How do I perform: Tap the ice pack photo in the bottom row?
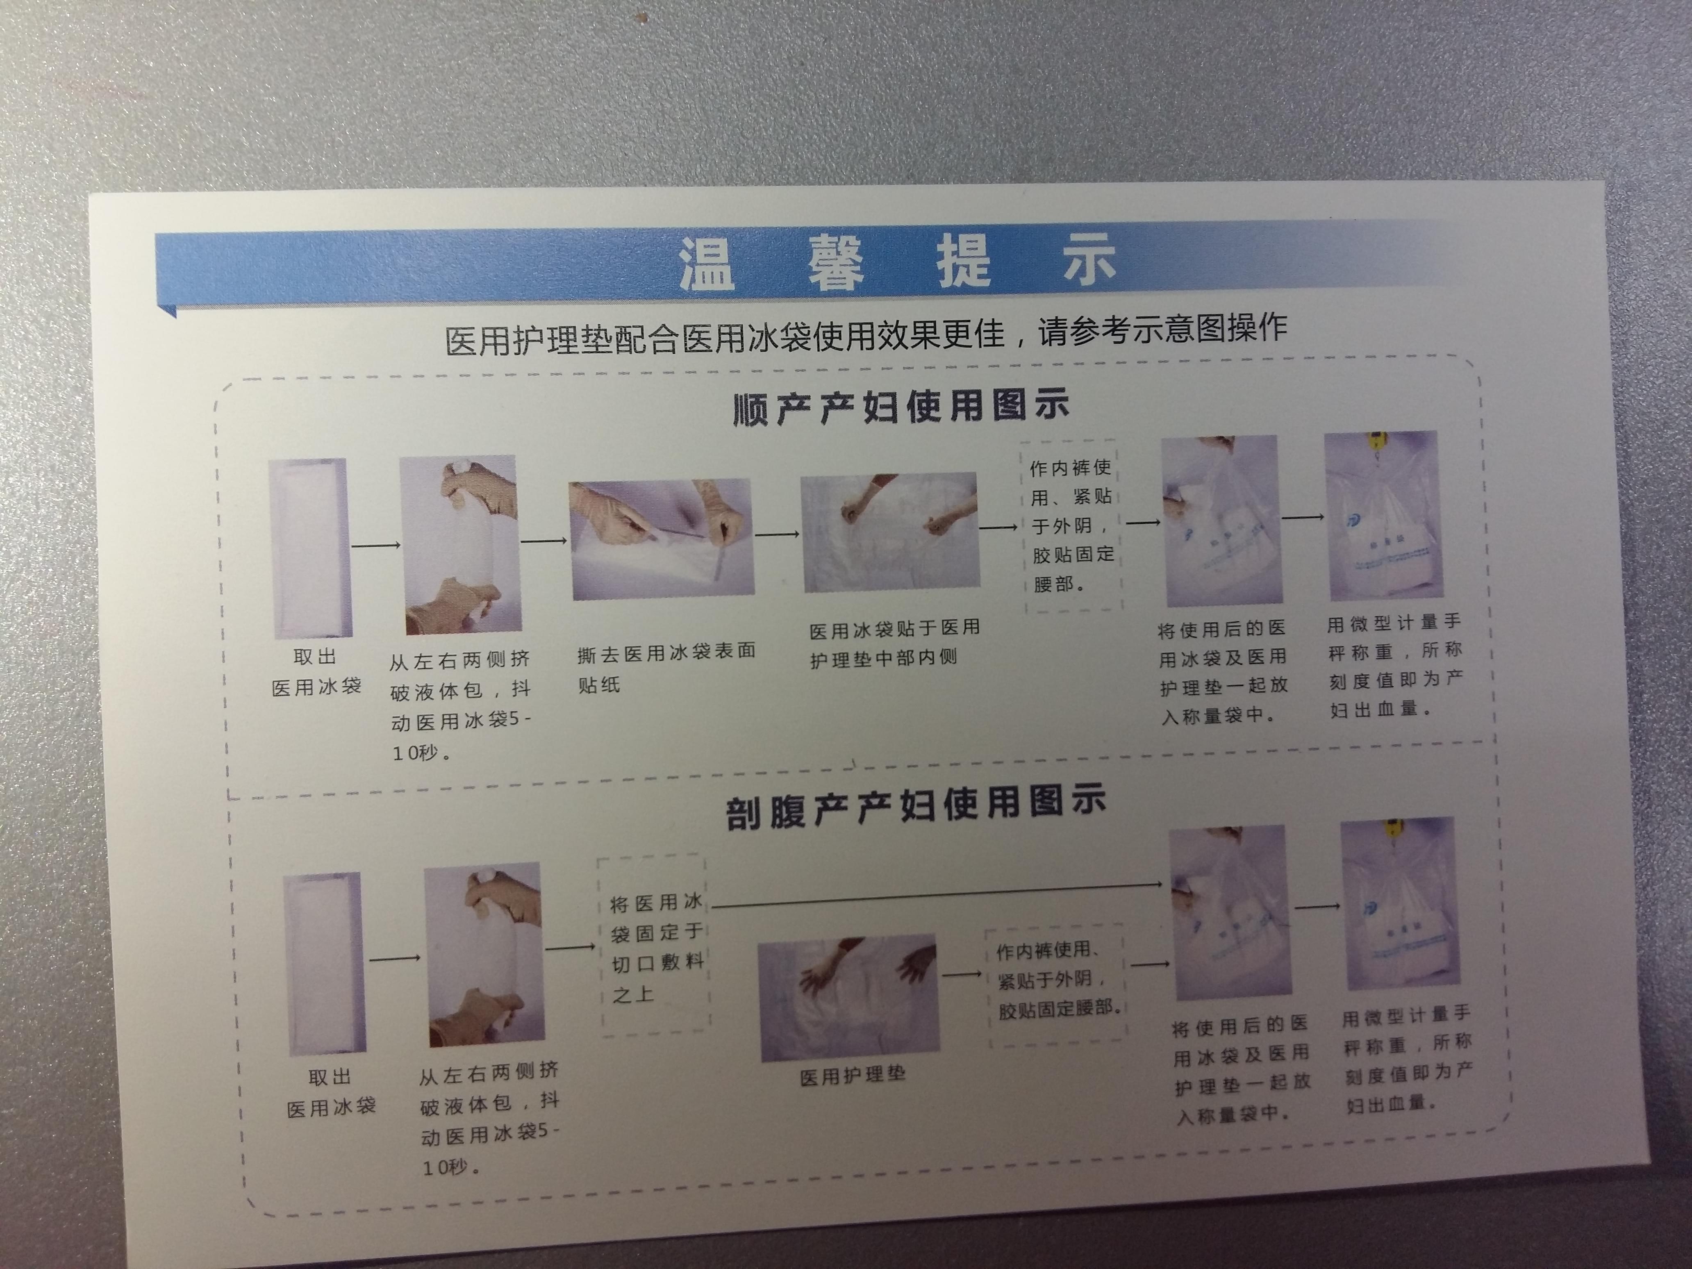pyautogui.click(x=324, y=963)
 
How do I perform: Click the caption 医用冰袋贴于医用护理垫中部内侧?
pyautogui.click(x=894, y=643)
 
